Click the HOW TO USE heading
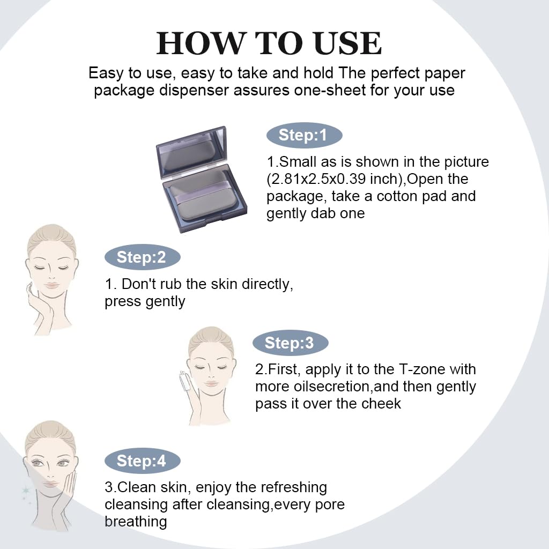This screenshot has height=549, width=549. click(269, 43)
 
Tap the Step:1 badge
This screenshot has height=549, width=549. click(304, 135)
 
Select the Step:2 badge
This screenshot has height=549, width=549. click(142, 257)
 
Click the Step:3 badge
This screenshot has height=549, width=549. click(290, 343)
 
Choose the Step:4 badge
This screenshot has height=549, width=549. click(142, 461)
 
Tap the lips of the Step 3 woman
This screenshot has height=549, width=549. click(211, 384)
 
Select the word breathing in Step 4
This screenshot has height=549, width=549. click(136, 522)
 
